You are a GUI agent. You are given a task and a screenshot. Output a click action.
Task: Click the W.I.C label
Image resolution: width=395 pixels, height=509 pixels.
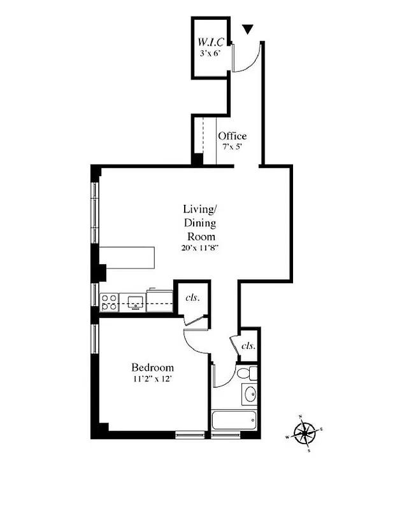coord(211,44)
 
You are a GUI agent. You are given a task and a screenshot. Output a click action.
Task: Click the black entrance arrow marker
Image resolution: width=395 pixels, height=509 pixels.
coord(248,29)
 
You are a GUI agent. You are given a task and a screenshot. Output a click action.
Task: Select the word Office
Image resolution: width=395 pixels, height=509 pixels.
coord(232,136)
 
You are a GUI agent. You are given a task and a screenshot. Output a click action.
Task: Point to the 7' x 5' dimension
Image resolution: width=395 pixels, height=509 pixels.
coord(232,147)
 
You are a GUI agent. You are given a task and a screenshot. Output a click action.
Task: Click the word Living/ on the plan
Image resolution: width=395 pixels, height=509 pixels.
coord(200,209)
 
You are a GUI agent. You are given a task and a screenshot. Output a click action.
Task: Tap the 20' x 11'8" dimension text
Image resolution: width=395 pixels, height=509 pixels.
coord(200,248)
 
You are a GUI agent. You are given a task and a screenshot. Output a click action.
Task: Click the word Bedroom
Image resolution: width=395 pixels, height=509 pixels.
coord(152,368)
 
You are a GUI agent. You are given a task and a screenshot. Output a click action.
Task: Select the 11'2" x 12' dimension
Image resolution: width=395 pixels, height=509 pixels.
coord(152,379)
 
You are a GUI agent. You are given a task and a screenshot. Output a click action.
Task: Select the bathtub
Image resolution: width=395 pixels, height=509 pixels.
coord(234,421)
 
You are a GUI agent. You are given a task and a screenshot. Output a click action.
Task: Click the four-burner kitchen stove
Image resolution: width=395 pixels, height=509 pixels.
coord(108,302)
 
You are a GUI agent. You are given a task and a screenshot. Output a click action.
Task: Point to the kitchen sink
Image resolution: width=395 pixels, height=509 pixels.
coord(135,302)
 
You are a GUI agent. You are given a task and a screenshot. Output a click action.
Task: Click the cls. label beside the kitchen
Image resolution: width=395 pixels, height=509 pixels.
coord(191,297)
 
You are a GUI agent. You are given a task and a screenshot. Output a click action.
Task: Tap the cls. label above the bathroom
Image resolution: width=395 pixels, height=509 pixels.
coord(248,346)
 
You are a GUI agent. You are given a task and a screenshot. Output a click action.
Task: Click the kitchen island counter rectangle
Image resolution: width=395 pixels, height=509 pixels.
coord(127,257)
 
